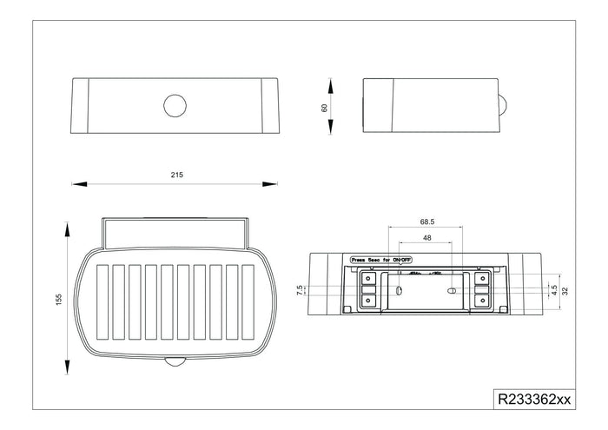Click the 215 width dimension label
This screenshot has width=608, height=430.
click(176, 174)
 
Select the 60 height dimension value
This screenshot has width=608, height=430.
click(323, 107)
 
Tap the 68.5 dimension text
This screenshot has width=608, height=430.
click(426, 222)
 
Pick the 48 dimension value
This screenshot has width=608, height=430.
click(426, 237)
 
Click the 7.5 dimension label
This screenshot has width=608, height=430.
click(299, 288)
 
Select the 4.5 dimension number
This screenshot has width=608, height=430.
click(555, 288)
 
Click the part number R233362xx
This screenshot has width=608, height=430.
click(533, 400)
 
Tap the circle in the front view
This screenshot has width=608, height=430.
click(175, 106)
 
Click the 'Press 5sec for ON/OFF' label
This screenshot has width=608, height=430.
click(380, 259)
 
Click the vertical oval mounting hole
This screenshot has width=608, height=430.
click(399, 290)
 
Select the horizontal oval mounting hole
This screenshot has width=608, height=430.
click(452, 290)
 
